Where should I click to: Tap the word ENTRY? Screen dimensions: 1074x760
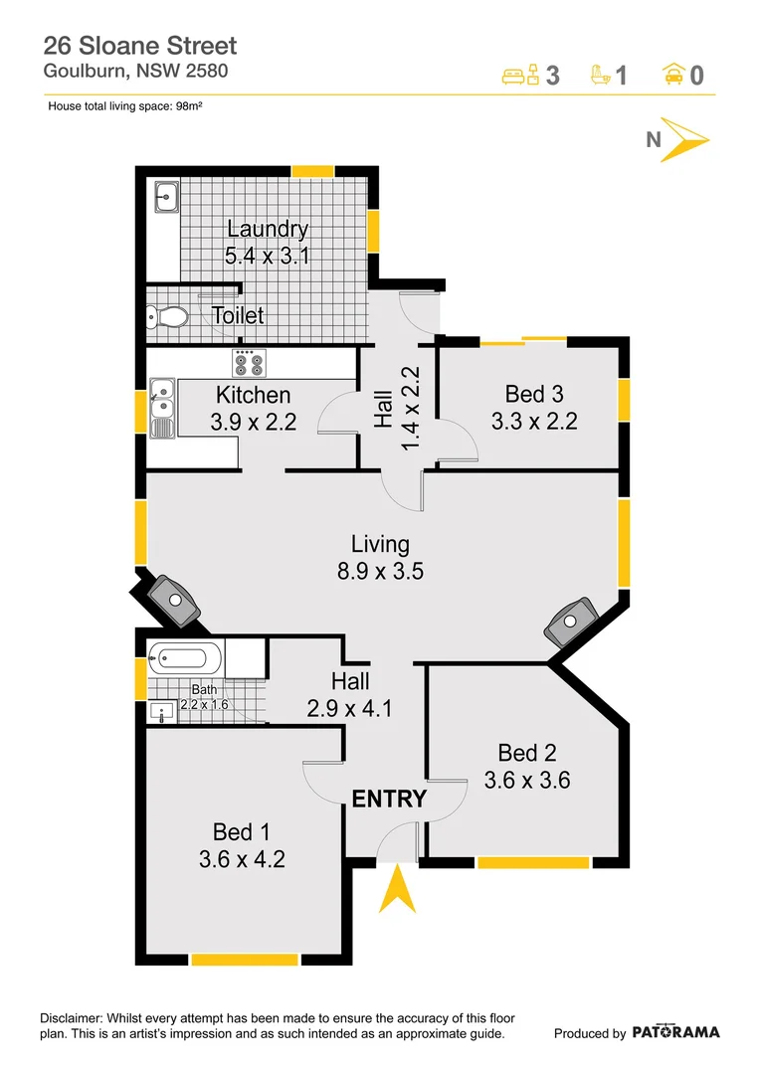[x=389, y=799]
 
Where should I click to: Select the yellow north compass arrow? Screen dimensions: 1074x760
[x=685, y=139]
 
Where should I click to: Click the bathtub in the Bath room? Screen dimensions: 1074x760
[x=185, y=657]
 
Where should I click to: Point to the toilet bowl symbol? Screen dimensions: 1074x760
[x=169, y=317]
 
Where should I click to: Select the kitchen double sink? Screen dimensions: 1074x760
[x=162, y=409]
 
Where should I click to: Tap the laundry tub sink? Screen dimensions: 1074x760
[x=165, y=198]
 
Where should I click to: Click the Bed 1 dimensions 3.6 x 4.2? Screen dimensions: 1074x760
[x=242, y=859]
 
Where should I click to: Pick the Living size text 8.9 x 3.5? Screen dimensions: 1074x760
[x=380, y=572]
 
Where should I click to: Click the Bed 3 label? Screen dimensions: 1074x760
[x=534, y=393]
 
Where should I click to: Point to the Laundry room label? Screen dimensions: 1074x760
[x=267, y=229]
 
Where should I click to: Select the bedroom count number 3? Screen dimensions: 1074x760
[x=553, y=76]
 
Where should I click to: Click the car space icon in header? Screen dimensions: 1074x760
[x=672, y=75]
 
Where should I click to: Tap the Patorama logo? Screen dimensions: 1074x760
[x=675, y=1032]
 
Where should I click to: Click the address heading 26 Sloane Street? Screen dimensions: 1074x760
[x=140, y=46]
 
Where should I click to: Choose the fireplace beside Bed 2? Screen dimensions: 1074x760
[x=570, y=624]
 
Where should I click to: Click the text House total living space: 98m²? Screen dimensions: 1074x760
[x=125, y=105]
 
